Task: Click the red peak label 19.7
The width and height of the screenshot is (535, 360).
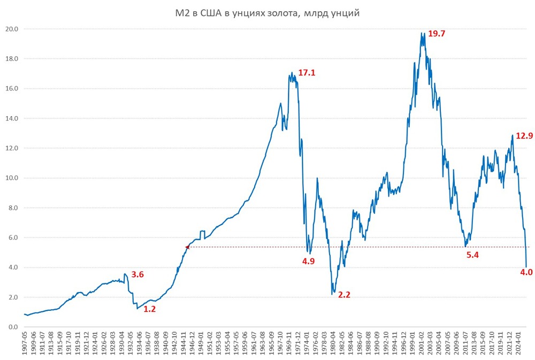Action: click(x=437, y=34)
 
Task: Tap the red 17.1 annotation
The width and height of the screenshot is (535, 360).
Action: click(x=307, y=73)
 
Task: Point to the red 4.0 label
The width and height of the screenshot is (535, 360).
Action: click(x=526, y=272)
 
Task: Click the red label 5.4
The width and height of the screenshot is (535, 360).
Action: click(x=472, y=255)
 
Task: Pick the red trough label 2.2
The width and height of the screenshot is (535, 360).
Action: click(x=343, y=295)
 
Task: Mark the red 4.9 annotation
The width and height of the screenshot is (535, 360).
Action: click(x=309, y=261)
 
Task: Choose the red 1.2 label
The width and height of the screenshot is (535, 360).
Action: click(x=150, y=309)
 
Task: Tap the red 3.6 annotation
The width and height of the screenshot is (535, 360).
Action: click(x=137, y=274)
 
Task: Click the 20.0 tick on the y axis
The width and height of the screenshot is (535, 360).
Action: click(x=12, y=29)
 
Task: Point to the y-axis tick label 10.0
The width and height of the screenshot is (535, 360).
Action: click(x=12, y=178)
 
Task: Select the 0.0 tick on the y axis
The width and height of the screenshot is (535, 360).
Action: click(x=13, y=327)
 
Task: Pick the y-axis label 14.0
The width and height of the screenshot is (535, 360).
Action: click(x=12, y=118)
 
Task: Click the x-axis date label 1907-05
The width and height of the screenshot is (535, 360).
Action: click(x=26, y=344)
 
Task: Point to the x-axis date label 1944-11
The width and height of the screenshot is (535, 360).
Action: click(x=184, y=344)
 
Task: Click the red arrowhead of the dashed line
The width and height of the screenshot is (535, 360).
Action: click(x=187, y=247)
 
